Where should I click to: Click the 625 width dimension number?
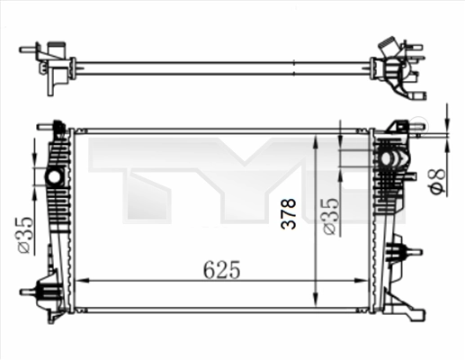tap(221, 268)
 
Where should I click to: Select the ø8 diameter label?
tap(434, 183)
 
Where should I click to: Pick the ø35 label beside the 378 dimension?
tap(330, 216)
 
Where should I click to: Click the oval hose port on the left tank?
tap(55, 175)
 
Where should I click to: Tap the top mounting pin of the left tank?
tap(60, 126)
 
